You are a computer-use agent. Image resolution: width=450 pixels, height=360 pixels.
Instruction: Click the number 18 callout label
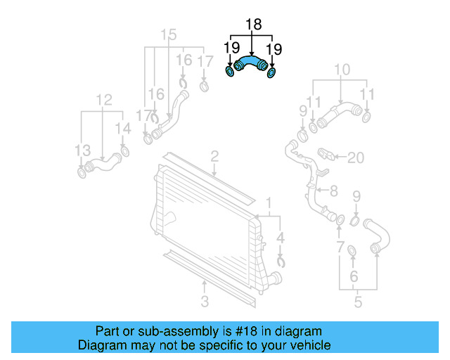point(252,25)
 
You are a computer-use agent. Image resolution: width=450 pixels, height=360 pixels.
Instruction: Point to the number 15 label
point(168,34)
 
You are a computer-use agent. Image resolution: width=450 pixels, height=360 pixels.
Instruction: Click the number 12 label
point(104,100)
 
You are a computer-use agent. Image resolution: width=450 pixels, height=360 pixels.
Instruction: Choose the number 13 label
point(83,150)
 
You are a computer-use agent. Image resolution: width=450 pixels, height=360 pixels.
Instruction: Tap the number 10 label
point(342,69)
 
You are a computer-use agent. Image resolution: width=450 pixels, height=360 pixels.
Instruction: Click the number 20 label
point(356,157)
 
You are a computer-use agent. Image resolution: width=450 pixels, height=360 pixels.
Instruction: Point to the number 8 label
point(333,190)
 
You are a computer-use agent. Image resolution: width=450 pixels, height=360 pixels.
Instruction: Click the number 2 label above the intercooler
point(214,156)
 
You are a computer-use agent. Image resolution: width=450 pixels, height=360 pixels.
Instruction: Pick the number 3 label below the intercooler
point(205,302)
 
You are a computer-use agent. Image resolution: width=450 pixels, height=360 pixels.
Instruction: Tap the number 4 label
point(281,238)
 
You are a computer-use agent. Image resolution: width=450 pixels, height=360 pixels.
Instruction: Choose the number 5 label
point(358,302)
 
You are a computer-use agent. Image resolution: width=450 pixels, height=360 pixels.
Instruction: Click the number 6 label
point(354,276)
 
